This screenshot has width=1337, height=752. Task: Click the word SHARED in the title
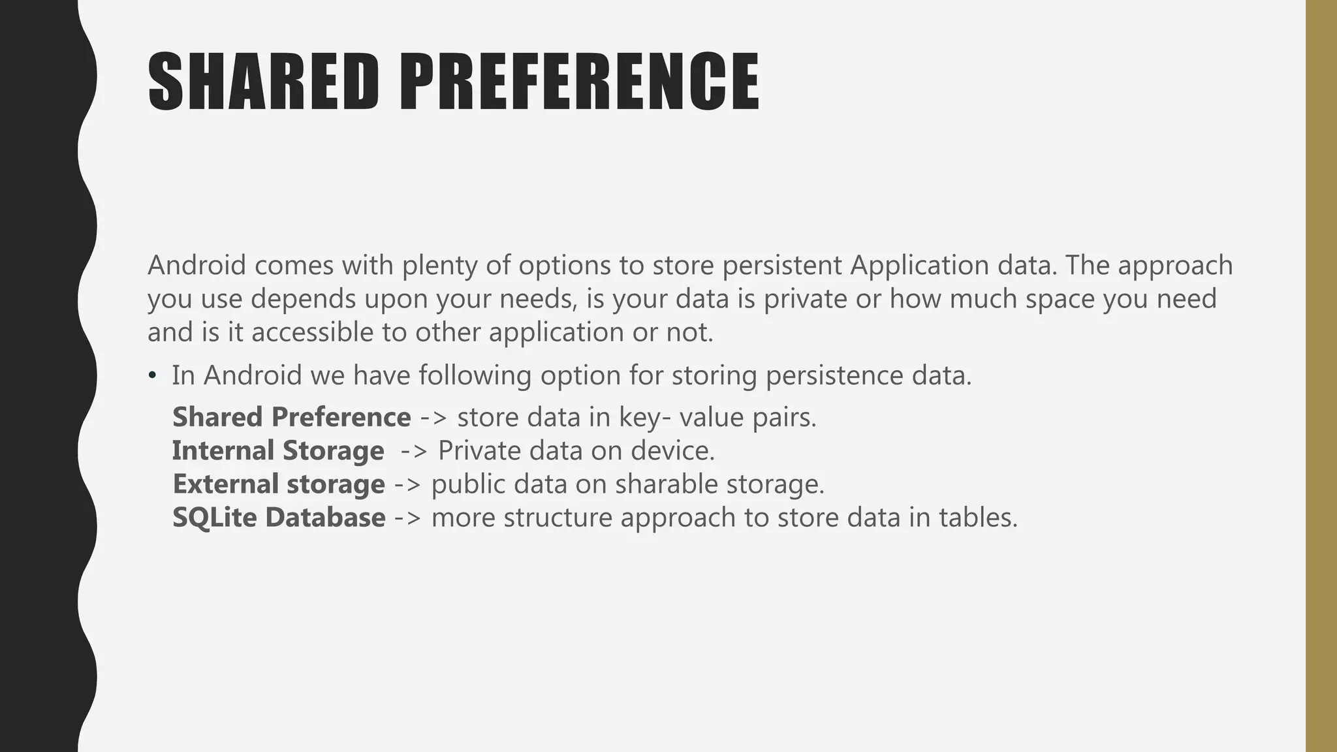pyautogui.click(x=263, y=83)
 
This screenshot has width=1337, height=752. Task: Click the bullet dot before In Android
pyautogui.click(x=152, y=375)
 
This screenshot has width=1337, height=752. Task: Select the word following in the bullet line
pyautogui.click(x=475, y=375)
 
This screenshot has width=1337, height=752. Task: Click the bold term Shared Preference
pyautogui.click(x=291, y=417)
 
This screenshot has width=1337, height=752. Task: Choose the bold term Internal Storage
pyautogui.click(x=278, y=451)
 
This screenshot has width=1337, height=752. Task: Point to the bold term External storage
pyautogui.click(x=279, y=484)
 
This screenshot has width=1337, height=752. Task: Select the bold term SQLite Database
pyautogui.click(x=279, y=518)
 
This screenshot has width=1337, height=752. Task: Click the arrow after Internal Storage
pyautogui.click(x=415, y=451)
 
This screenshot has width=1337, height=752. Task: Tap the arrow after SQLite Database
pyautogui.click(x=408, y=518)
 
